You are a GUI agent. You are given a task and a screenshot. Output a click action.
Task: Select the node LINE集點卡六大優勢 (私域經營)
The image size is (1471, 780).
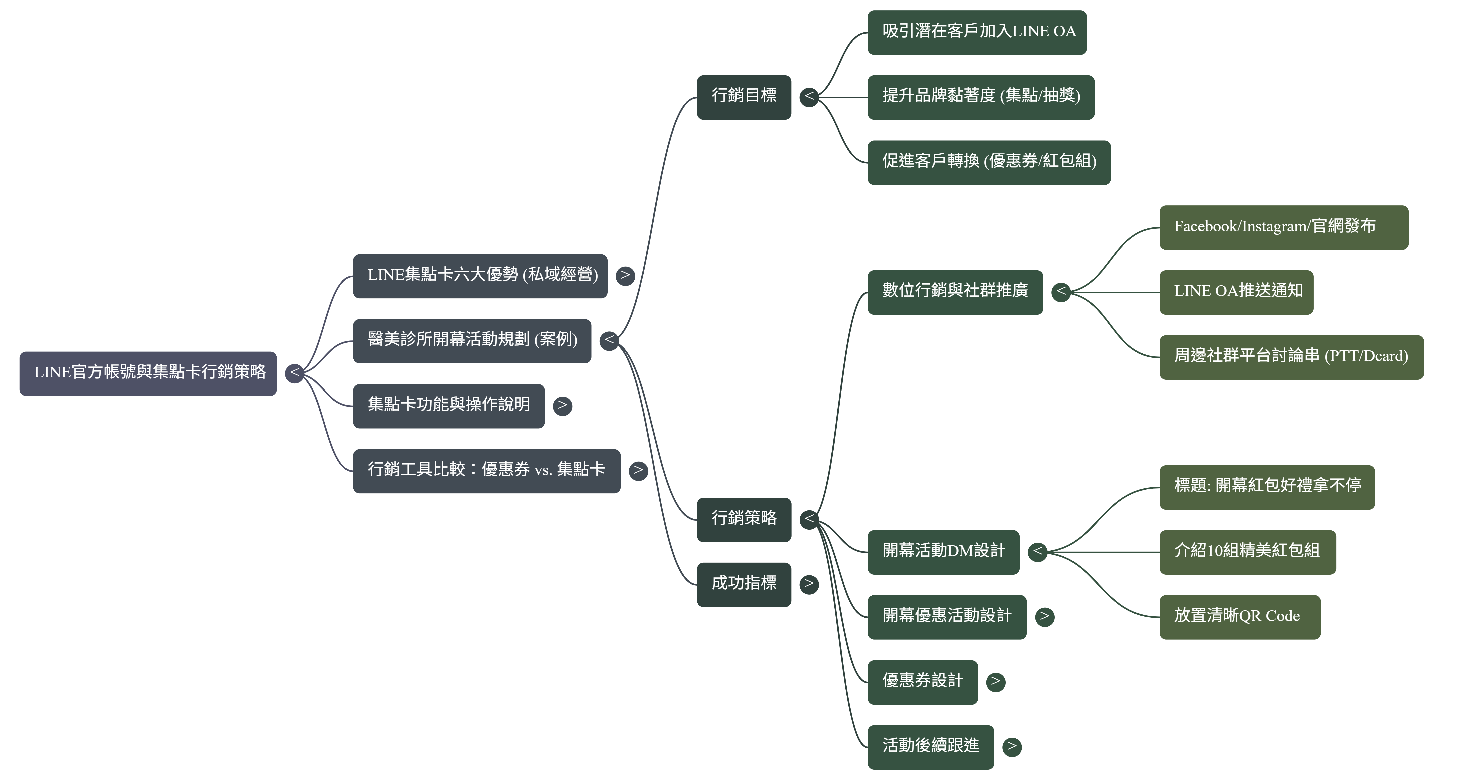point(480,276)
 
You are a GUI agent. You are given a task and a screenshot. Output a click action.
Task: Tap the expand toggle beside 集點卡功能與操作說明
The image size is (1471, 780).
point(563,406)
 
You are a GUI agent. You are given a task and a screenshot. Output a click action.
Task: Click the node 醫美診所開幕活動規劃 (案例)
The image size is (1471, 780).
point(472,341)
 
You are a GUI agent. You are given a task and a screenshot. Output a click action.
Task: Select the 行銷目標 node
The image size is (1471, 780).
point(744,97)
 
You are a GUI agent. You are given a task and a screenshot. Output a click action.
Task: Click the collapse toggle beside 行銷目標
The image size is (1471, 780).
point(809,97)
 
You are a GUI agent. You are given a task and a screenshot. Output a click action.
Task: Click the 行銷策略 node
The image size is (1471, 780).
point(744,520)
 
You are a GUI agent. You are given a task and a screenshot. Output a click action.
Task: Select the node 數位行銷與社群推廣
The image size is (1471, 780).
point(955,292)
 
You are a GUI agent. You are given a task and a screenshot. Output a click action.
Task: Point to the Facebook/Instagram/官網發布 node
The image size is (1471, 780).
point(1283,227)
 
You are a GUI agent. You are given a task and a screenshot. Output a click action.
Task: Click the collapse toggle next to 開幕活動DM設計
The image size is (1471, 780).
point(1038,552)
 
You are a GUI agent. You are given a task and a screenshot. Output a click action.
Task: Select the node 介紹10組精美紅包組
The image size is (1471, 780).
point(1247,552)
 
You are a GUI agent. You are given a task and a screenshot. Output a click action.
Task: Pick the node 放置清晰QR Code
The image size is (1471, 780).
point(1239,617)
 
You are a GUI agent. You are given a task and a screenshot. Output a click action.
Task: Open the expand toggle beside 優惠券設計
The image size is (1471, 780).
point(996,681)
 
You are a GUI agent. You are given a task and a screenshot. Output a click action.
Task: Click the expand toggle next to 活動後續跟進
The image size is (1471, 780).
point(1012,746)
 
